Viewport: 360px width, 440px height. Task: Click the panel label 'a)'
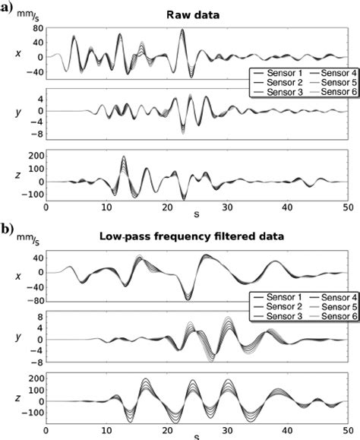[8, 9]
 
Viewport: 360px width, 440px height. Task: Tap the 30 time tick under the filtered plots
[226, 428]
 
